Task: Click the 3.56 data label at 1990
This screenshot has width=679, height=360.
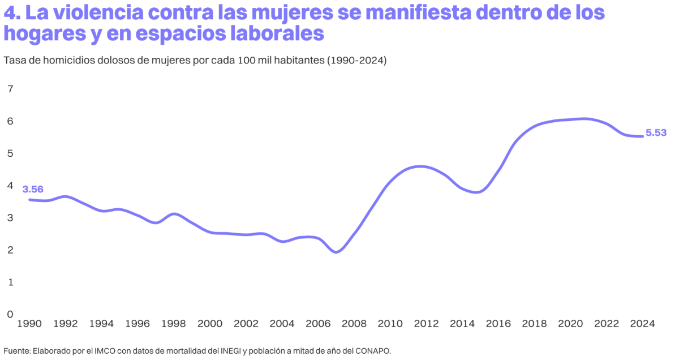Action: pyautogui.click(x=33, y=189)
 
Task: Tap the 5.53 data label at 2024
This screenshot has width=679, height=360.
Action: pyautogui.click(x=656, y=133)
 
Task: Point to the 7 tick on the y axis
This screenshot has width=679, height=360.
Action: pyautogui.click(x=10, y=89)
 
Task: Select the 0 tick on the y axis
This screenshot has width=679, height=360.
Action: pyautogui.click(x=10, y=314)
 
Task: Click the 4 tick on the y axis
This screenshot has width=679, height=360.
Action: pyautogui.click(x=10, y=185)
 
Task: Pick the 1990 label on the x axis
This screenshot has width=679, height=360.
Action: pyautogui.click(x=29, y=324)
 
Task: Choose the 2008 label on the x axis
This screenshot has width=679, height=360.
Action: pyautogui.click(x=354, y=324)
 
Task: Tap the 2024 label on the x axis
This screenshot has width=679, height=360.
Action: pyautogui.click(x=642, y=324)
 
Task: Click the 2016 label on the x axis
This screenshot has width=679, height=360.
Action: pyautogui.click(x=498, y=324)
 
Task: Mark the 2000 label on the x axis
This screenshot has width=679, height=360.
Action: pyautogui.click(x=210, y=324)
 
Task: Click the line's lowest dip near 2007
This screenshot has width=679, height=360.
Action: pyautogui.click(x=337, y=252)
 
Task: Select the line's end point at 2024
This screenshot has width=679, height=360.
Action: pyautogui.click(x=642, y=136)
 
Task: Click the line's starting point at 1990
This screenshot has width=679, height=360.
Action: pyautogui.click(x=29, y=199)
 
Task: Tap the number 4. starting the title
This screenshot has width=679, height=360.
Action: pyautogui.click(x=13, y=12)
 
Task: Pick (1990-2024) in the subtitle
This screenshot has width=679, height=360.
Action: pyautogui.click(x=356, y=61)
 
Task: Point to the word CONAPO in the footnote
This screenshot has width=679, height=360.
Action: pyautogui.click(x=372, y=351)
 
